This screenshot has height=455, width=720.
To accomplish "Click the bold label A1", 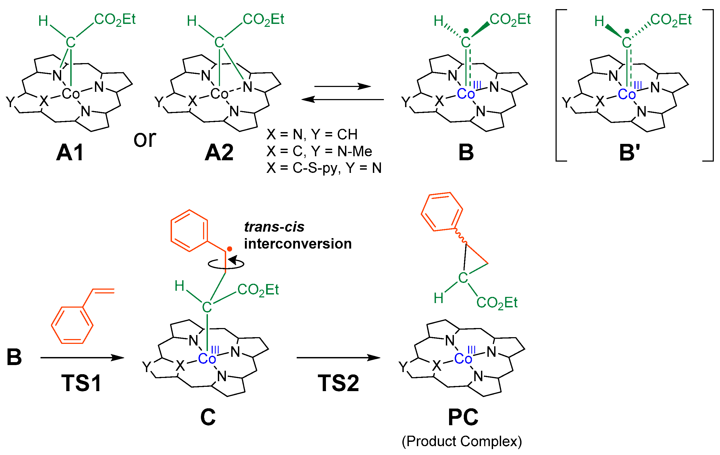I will tap(70, 152).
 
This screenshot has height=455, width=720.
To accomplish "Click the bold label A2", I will tap(219, 152).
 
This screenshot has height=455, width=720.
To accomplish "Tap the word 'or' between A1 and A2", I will tap(145, 139).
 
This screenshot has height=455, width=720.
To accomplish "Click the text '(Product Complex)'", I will tap(462, 441).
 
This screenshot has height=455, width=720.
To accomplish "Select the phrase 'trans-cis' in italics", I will tap(274, 227).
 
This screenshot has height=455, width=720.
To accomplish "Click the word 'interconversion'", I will tap(298, 244).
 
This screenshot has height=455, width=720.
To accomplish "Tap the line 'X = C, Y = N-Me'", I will tap(319, 151).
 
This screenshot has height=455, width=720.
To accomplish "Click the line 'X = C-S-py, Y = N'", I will tap(324, 168).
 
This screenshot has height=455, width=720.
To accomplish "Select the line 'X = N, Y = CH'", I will tap(312, 134).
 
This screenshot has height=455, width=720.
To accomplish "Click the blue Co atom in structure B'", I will tap(626, 94).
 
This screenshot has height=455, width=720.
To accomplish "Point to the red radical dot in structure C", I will tap(229, 249).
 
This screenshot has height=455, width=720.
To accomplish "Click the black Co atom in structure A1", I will tap(71, 94).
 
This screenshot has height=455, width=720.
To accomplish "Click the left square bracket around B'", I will tap(558, 85).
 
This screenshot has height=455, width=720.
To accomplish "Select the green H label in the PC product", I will tap(438, 298).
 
